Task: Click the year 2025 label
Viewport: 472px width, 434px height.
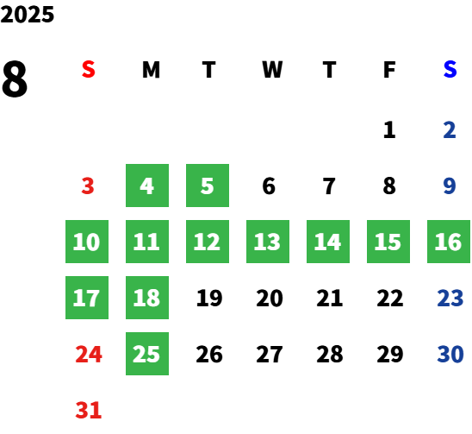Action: pyautogui.click(x=27, y=15)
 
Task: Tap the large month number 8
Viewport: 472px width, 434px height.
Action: pyautogui.click(x=15, y=79)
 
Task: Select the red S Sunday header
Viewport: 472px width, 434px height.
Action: pyautogui.click(x=89, y=69)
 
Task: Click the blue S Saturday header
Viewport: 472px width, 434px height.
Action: pyautogui.click(x=450, y=69)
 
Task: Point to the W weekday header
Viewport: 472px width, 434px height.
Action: pyautogui.click(x=272, y=69)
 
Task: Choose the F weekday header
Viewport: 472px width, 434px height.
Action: pyautogui.click(x=389, y=69)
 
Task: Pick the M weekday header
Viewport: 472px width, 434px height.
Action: pyautogui.click(x=151, y=69)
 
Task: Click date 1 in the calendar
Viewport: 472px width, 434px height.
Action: pyautogui.click(x=389, y=130)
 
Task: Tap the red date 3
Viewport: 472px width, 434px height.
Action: pyautogui.click(x=88, y=186)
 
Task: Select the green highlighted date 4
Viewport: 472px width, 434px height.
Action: pyautogui.click(x=147, y=186)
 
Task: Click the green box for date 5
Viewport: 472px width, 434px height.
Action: pyautogui.click(x=208, y=186)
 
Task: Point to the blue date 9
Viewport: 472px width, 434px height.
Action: pyautogui.click(x=450, y=186)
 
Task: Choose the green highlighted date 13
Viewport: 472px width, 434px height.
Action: pyautogui.click(x=268, y=242)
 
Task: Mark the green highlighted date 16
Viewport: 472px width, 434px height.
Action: pyautogui.click(x=449, y=242)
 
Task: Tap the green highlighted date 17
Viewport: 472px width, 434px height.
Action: pyautogui.click(x=87, y=298)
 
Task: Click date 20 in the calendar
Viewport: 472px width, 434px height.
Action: pyautogui.click(x=270, y=298)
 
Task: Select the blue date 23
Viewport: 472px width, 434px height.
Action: pyautogui.click(x=450, y=298)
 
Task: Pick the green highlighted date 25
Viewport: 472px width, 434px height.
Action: pyautogui.click(x=147, y=354)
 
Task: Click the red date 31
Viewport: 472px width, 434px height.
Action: pyautogui.click(x=89, y=410)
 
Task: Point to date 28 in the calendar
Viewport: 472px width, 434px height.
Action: pyautogui.click(x=330, y=354)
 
